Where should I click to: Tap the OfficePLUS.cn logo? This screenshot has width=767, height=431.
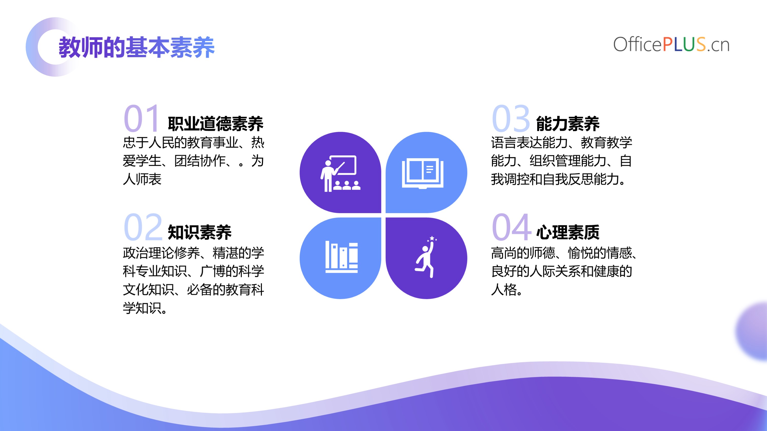click(671, 45)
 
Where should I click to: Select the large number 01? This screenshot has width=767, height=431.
click(141, 118)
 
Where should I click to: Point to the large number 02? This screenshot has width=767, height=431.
click(143, 227)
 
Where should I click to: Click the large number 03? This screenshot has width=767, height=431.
click(511, 118)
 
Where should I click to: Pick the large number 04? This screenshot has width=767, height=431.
click(512, 227)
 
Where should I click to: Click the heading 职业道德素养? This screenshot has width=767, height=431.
click(215, 124)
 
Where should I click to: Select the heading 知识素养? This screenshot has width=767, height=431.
click(200, 232)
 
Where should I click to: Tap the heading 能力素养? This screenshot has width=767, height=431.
click(568, 124)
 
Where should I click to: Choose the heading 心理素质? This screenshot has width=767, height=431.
click(568, 232)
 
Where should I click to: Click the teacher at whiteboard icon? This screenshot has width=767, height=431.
click(340, 173)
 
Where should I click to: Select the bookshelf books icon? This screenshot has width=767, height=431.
click(341, 257)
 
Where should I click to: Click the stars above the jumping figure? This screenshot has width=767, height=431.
click(432, 239)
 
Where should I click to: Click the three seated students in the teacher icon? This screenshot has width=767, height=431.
click(347, 185)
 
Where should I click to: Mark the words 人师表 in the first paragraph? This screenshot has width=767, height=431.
click(142, 179)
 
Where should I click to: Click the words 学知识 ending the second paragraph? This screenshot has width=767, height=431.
click(142, 308)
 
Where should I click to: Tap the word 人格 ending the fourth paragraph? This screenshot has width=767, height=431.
click(504, 289)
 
